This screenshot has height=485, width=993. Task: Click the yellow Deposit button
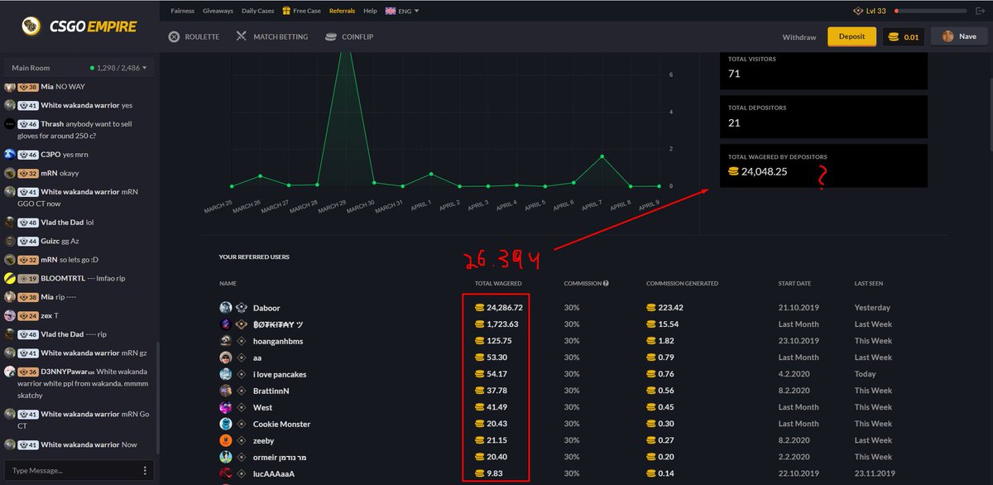click(851, 36)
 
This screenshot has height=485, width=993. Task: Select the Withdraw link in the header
click(799, 37)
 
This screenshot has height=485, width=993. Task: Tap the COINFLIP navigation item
click(349, 36)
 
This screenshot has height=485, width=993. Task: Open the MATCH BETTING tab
click(272, 36)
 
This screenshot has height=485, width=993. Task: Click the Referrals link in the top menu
click(342, 11)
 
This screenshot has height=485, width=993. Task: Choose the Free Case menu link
click(301, 11)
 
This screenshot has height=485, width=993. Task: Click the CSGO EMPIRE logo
click(79, 26)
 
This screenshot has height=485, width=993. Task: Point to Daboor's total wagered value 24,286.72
click(499, 308)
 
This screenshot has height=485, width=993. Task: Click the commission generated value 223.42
click(665, 308)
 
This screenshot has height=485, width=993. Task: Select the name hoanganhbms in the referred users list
click(278, 341)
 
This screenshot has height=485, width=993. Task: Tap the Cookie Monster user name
click(281, 425)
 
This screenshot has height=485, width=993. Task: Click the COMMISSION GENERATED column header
click(682, 283)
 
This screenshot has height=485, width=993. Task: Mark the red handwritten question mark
click(823, 177)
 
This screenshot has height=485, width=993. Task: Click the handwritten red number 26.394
click(501, 261)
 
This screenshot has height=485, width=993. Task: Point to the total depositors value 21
click(734, 122)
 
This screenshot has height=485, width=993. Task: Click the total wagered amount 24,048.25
click(758, 171)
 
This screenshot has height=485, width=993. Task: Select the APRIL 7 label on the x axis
click(592, 205)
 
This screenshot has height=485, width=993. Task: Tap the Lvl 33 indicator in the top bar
click(870, 11)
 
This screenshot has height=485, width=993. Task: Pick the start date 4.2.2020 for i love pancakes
click(794, 374)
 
